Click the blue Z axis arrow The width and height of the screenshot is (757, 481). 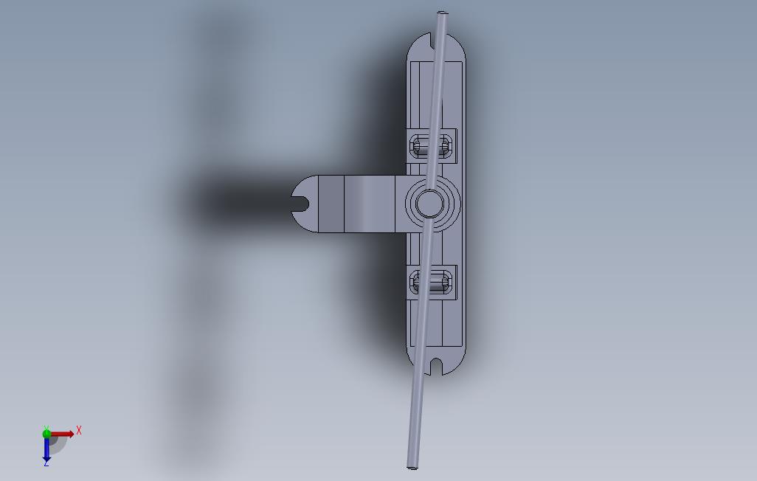coord(46,448)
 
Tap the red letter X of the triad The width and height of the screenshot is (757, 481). coord(79,430)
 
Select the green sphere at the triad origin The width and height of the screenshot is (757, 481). coord(46,433)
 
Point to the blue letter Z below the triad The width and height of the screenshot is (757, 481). coord(46,463)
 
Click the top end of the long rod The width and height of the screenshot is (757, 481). coord(442,13)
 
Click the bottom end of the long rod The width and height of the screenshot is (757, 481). coord(412,467)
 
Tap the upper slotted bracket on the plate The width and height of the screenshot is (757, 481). coord(431,145)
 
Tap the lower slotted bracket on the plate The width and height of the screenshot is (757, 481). coord(431,282)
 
